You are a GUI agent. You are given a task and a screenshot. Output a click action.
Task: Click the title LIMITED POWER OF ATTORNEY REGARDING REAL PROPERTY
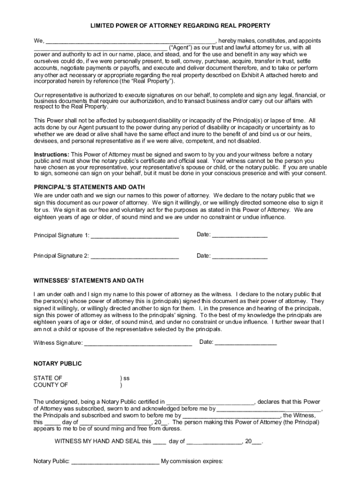point(180,25)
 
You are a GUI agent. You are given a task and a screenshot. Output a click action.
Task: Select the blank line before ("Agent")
point(100,48)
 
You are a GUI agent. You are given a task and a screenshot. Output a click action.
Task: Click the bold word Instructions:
point(51,154)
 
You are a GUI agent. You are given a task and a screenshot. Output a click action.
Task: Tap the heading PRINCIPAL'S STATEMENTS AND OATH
point(89,187)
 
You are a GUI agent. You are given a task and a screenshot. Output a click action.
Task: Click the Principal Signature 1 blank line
point(135,235)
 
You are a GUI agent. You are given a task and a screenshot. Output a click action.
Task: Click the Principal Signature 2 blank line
point(135,256)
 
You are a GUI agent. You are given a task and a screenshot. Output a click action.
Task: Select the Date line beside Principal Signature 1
point(240,235)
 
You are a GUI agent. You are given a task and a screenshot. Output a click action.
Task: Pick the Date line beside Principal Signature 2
point(240,256)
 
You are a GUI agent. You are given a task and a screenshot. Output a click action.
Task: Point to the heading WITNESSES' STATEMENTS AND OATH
point(88,281)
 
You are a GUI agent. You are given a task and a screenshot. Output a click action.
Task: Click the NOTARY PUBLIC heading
point(58,363)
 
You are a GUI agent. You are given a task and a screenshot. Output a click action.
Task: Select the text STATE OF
point(48,378)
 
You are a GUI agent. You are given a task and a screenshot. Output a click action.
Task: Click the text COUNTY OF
point(50,385)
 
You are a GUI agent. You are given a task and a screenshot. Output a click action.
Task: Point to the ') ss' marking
point(125,378)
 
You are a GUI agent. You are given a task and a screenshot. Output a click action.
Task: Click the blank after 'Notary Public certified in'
point(210,401)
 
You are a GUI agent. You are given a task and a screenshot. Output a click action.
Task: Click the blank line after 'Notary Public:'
point(115,462)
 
